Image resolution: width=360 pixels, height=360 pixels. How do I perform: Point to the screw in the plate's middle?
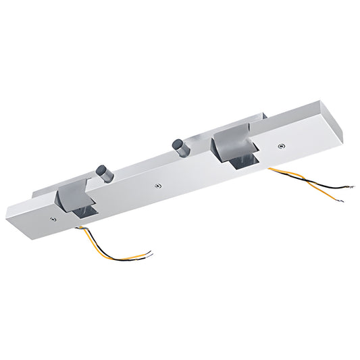[157, 184]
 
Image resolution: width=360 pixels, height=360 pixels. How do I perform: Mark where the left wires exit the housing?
[80, 228]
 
